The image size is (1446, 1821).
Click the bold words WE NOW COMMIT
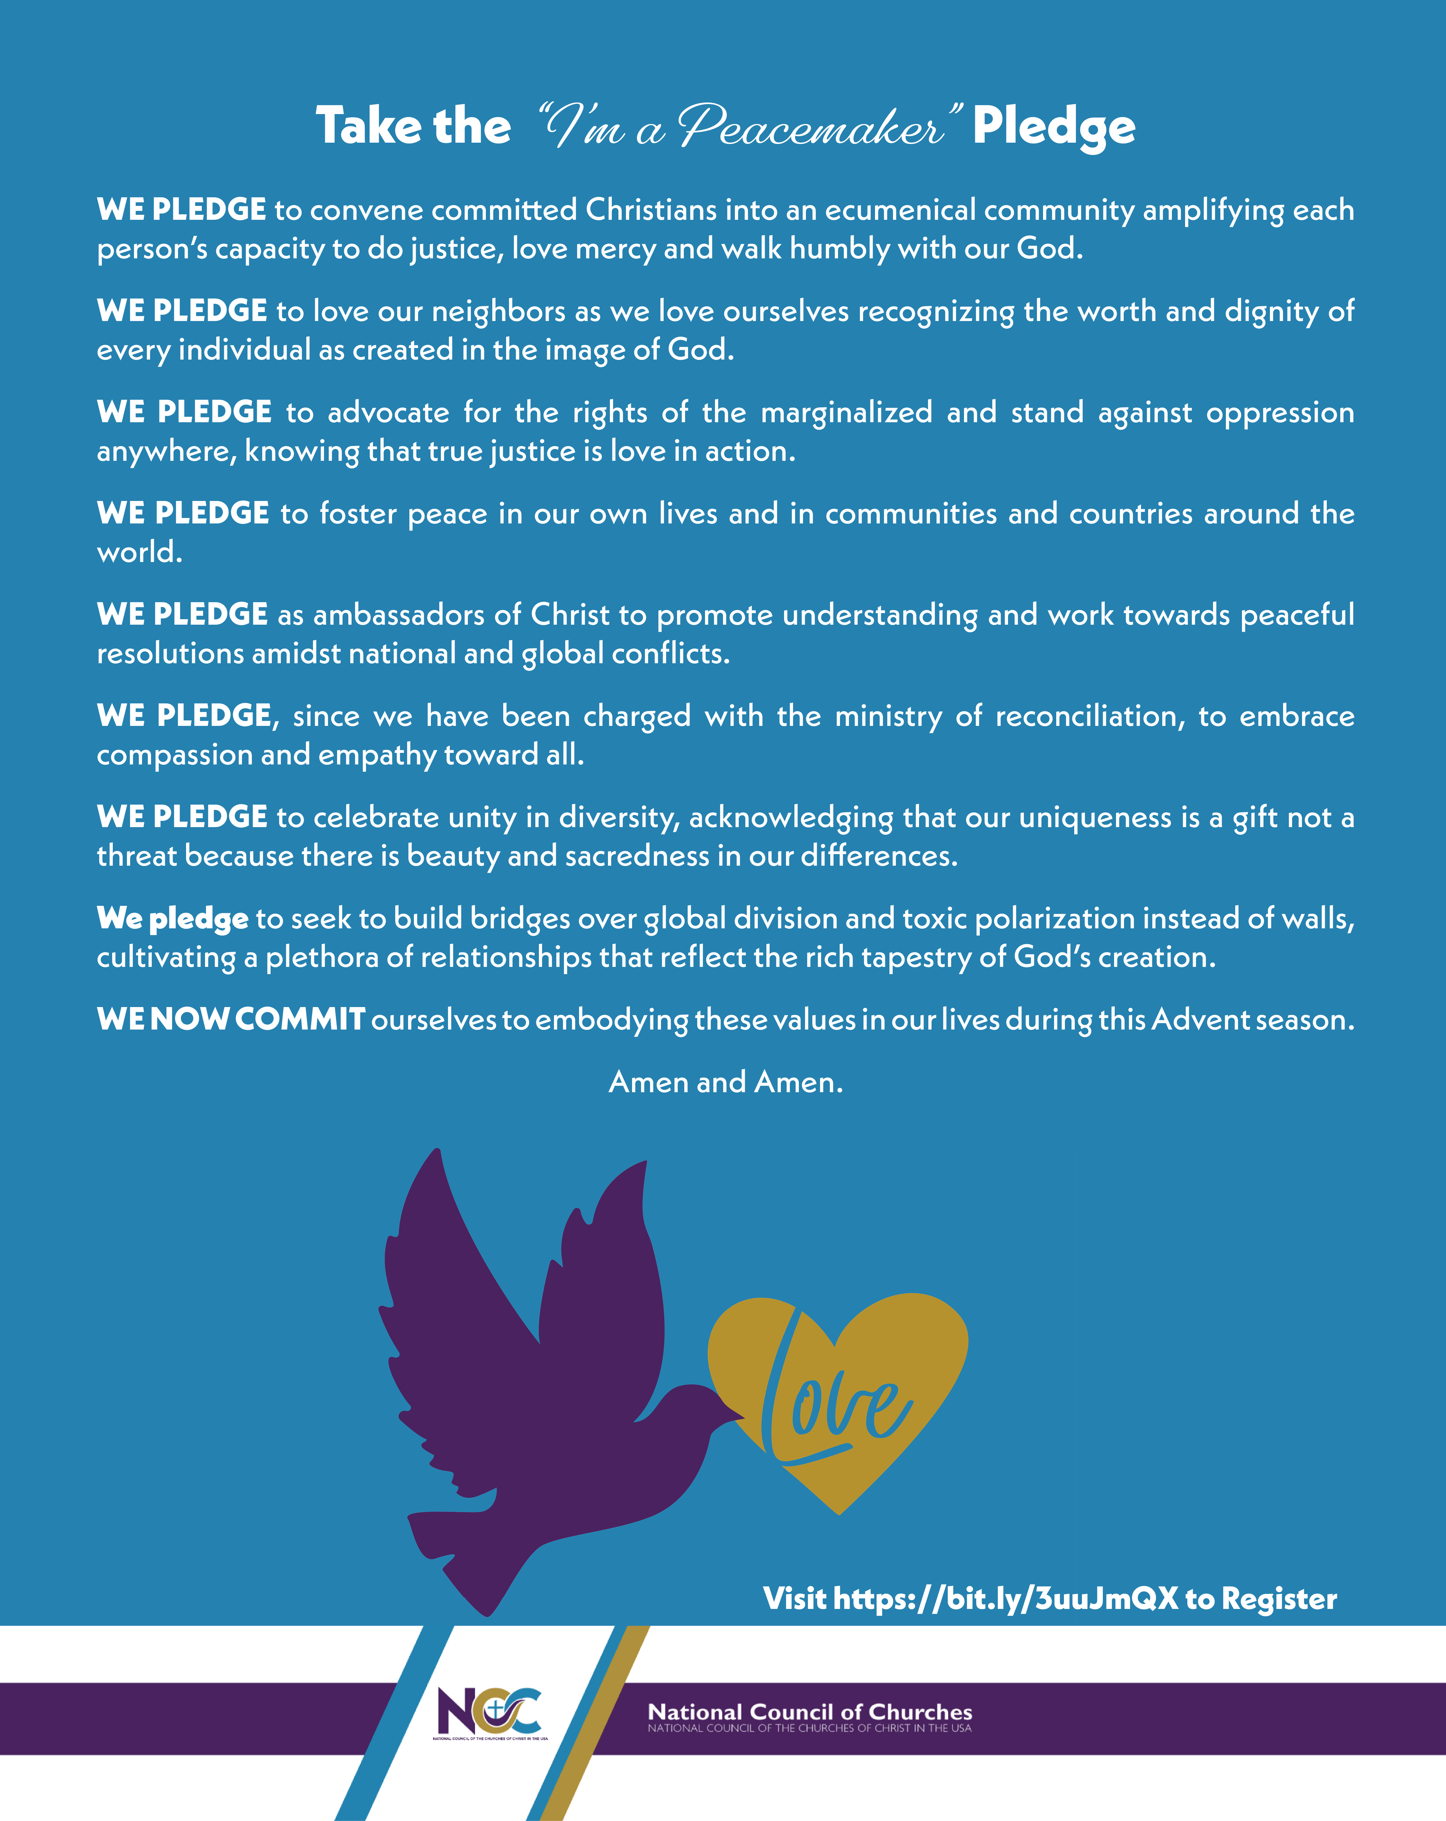coord(231,1020)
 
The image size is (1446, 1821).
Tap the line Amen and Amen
coord(726,1082)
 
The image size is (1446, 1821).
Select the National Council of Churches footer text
coord(809,1715)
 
